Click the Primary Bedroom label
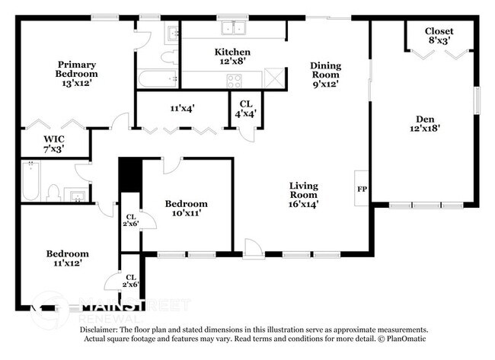tap(76, 74)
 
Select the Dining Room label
tap(325, 75)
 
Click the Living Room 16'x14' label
tap(303, 194)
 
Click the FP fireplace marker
tap(362, 187)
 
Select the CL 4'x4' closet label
tap(245, 109)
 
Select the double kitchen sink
tap(233, 29)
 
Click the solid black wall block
tap(130, 177)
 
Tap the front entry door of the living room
tap(251, 248)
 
